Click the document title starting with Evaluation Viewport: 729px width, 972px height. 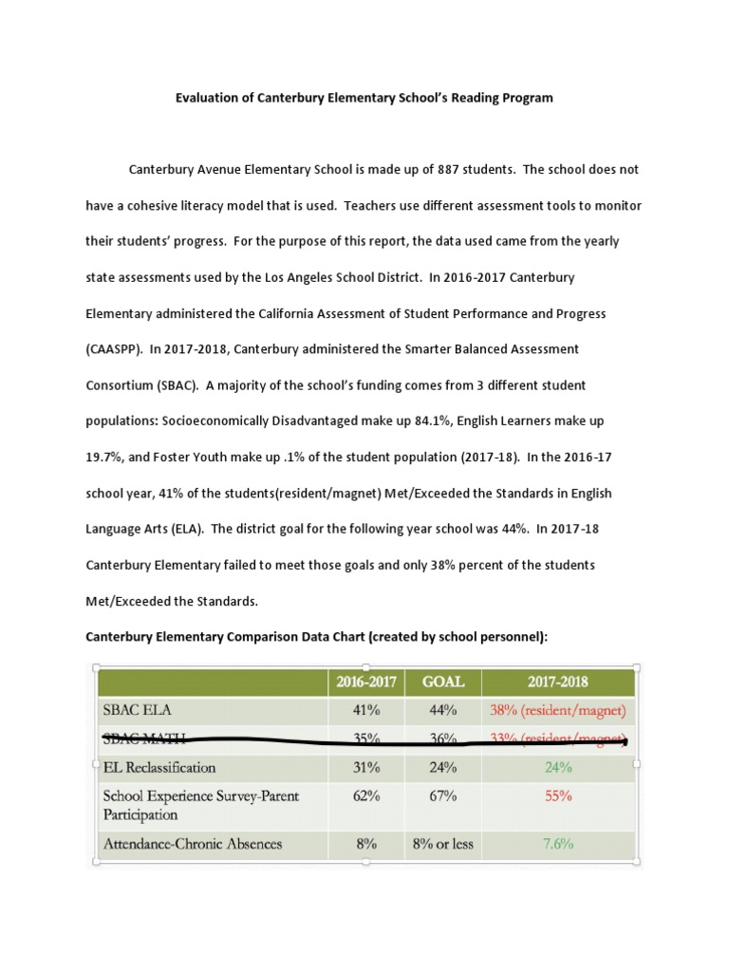[x=364, y=98]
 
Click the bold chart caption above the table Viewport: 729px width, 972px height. [x=317, y=637]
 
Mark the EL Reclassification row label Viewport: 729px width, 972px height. [x=159, y=767]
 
